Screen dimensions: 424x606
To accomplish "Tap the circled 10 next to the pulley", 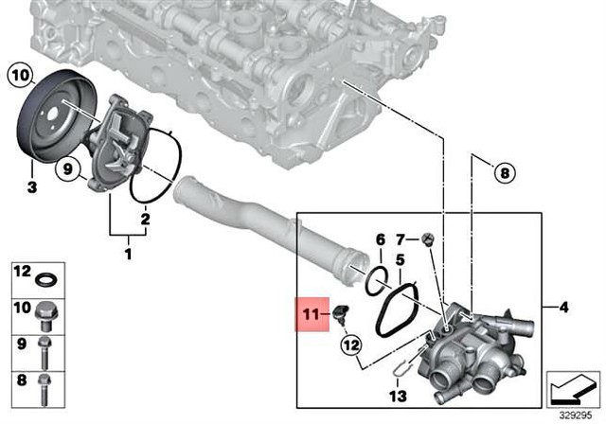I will tap(21, 74).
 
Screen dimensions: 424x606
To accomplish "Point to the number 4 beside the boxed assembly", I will tap(564, 307).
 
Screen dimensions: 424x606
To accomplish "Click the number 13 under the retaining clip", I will tap(399, 397).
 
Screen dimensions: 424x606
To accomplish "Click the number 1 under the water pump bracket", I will tap(130, 253).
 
